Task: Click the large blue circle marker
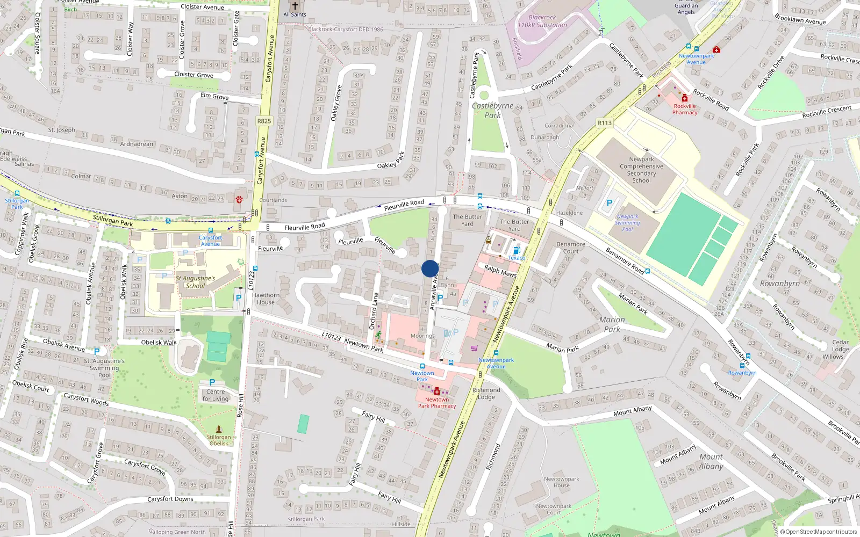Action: click(x=430, y=268)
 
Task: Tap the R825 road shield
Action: click(x=264, y=121)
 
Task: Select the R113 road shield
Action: click(x=605, y=123)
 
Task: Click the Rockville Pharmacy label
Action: click(x=685, y=109)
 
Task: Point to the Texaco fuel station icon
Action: click(x=517, y=250)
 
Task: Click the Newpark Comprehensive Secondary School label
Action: click(x=641, y=170)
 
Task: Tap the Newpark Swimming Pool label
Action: click(x=627, y=223)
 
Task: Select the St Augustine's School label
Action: click(x=195, y=282)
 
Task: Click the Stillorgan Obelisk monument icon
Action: click(x=219, y=429)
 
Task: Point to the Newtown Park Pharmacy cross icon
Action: click(x=436, y=391)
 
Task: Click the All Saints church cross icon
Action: click(x=295, y=6)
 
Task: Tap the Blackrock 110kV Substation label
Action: click(x=542, y=21)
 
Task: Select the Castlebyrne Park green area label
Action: click(x=492, y=110)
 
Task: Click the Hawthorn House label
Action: click(x=266, y=299)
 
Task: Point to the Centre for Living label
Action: click(x=216, y=395)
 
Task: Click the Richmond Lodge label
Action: click(x=486, y=394)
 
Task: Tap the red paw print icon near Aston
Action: click(x=239, y=199)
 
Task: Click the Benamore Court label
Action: click(x=571, y=248)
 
